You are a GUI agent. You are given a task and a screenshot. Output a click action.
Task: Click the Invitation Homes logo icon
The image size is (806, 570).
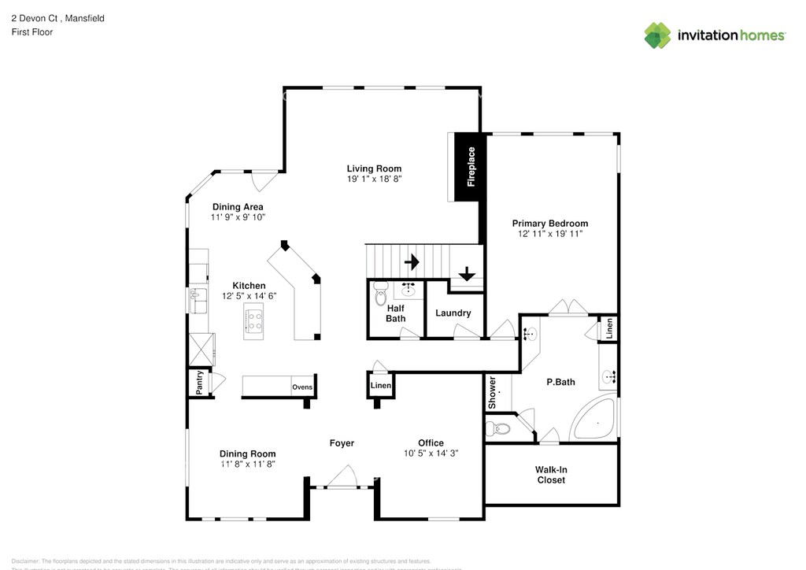tap(658, 35)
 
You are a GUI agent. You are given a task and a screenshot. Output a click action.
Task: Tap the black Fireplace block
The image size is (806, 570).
tap(470, 167)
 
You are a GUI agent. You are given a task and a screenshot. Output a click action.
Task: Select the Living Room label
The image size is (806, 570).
tap(374, 168)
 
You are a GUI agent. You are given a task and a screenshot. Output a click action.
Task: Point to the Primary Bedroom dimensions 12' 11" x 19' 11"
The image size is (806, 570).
tap(549, 234)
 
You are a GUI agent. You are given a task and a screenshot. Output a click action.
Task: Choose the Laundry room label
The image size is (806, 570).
tap(453, 313)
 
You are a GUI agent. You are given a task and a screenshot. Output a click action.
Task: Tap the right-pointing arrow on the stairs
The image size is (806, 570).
tap(411, 261)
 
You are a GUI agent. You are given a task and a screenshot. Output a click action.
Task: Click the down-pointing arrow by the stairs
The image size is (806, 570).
tap(466, 274)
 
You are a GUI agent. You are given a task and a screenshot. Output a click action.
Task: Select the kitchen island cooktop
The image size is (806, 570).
tap(255, 320)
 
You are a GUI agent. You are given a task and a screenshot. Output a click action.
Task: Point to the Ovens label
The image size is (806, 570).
tap(302, 387)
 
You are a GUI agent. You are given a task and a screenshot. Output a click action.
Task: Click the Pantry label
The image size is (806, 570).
tap(200, 383)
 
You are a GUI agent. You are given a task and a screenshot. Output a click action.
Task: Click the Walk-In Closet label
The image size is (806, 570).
tap(551, 475)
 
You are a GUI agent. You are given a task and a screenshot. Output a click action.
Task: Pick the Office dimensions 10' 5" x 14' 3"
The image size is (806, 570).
tap(431, 453)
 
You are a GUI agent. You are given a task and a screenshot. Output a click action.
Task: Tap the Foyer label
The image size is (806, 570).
tap(342, 443)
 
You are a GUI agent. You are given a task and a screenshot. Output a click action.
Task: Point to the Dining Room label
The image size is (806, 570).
tap(247, 453)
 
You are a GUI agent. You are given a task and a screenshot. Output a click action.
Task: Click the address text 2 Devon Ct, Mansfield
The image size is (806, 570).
tap(57, 18)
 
